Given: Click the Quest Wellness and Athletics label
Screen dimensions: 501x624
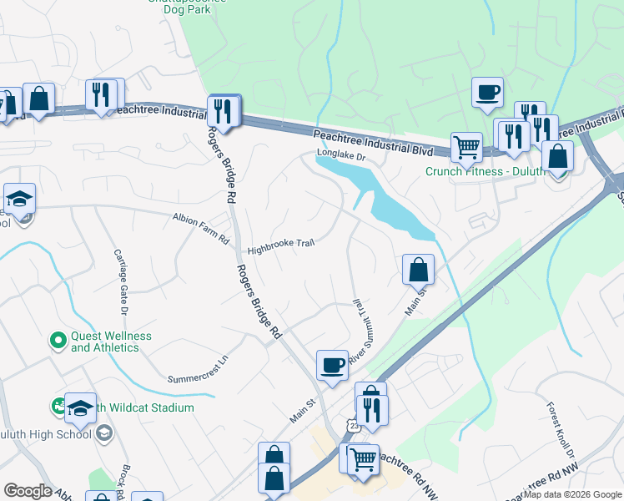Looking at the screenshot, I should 111,342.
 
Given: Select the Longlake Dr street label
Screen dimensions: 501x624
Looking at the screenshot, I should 340,154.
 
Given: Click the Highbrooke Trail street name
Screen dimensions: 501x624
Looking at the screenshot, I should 279,247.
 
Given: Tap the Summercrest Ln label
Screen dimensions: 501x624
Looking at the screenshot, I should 197,372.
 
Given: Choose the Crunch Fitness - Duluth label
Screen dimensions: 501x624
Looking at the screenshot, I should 485,172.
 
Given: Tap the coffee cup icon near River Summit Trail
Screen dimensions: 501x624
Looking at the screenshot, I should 332,364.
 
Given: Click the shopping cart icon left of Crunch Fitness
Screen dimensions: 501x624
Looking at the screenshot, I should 467,147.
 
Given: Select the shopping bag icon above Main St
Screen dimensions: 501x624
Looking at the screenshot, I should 418,269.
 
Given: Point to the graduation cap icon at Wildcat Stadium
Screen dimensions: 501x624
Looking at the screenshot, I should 81,407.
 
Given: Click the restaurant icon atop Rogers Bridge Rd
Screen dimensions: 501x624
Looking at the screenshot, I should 224,109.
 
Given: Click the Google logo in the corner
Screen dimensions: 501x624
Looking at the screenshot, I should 28,491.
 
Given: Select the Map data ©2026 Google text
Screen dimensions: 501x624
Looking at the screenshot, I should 571,495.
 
